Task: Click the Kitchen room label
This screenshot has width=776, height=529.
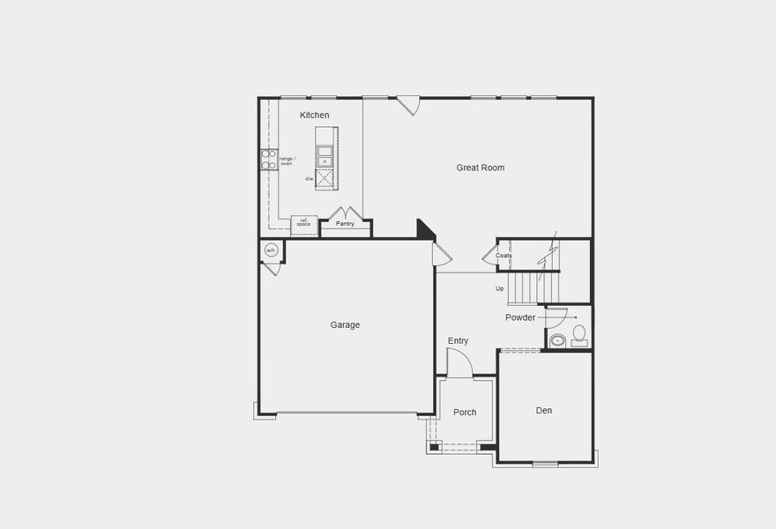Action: (x=315, y=115)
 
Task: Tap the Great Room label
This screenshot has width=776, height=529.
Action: (x=481, y=168)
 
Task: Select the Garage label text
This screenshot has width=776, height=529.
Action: (x=345, y=324)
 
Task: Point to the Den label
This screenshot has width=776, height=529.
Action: (x=544, y=411)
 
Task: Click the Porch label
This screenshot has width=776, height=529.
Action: (x=465, y=413)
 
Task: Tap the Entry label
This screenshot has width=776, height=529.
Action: (x=458, y=340)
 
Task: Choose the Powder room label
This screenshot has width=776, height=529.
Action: (x=520, y=317)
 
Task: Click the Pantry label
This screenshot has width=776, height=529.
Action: (x=345, y=224)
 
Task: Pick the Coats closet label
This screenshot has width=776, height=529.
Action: (x=504, y=256)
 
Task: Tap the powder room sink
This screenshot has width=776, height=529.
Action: (x=557, y=339)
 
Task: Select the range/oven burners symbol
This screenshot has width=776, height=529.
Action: (x=269, y=160)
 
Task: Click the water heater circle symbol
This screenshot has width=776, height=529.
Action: (x=271, y=250)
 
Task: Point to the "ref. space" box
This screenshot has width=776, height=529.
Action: (x=303, y=223)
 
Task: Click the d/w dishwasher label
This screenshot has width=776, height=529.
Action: (x=310, y=179)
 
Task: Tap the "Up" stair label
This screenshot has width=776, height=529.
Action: (x=499, y=288)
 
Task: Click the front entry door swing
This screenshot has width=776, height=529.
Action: (x=459, y=362)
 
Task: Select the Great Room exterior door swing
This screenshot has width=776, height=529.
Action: (x=407, y=105)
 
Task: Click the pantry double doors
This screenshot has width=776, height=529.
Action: (x=345, y=212)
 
